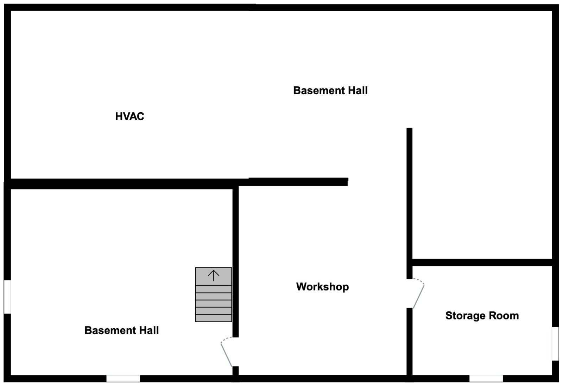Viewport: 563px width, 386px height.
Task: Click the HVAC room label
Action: coord(129,116)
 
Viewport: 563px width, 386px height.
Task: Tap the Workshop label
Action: coord(322,287)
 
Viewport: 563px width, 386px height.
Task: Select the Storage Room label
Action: coord(482,316)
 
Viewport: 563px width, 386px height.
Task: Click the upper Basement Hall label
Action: coord(330,90)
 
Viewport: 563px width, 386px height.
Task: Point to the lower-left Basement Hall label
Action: coord(121,330)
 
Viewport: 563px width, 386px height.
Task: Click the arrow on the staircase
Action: coord(214,275)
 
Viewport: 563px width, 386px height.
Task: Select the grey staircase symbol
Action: coord(214,295)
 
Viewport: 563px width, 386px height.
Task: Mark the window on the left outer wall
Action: coord(7,297)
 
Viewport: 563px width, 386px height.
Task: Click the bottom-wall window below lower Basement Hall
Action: coord(123,379)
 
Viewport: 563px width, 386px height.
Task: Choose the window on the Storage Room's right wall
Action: coord(555,344)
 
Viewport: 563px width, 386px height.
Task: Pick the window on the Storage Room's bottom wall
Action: coord(486,379)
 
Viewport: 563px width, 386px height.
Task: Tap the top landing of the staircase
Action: coord(214,277)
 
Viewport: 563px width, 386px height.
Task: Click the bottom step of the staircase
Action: coord(214,318)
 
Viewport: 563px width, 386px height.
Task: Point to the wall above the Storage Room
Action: coord(482,262)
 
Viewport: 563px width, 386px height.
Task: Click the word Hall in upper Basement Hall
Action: coord(358,90)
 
